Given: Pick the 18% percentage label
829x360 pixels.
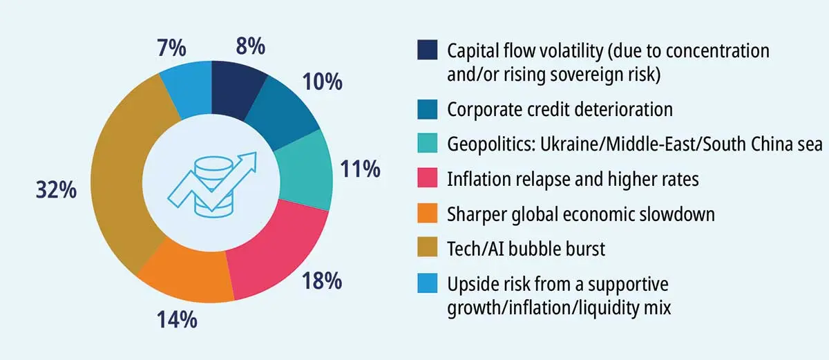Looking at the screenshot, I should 321,281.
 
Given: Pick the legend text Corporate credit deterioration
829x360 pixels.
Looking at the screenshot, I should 560,110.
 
